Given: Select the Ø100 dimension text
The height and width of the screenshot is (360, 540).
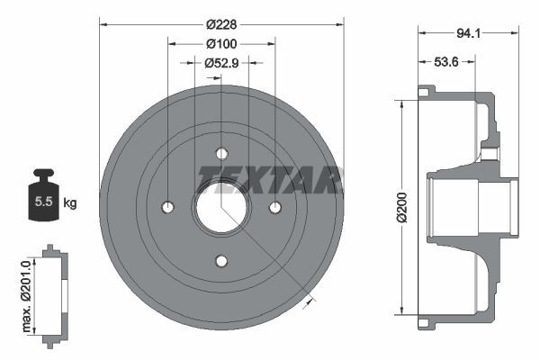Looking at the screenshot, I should tap(220, 44).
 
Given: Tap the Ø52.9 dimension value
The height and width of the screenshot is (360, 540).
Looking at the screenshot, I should tap(220, 63).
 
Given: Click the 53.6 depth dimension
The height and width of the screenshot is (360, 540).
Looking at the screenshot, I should tap(446, 63).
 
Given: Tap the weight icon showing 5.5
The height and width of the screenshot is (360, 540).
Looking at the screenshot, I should tap(43, 196).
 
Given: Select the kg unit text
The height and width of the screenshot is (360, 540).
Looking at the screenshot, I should tap(69, 202).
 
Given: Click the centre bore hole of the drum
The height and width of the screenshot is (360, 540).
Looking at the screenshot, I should tap(220, 207).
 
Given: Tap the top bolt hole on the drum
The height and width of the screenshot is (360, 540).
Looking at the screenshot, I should tap(221, 152).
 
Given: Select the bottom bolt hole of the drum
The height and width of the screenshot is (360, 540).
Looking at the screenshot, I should tap(221, 262).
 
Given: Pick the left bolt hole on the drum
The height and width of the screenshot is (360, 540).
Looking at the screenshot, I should tap(166, 208).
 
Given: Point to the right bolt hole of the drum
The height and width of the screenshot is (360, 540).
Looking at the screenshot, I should tap(275, 207).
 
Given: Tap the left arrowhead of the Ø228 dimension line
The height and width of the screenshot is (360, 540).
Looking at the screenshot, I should tap(102, 22).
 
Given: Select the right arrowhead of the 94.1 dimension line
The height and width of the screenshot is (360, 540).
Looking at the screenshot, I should tap(517, 34).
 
